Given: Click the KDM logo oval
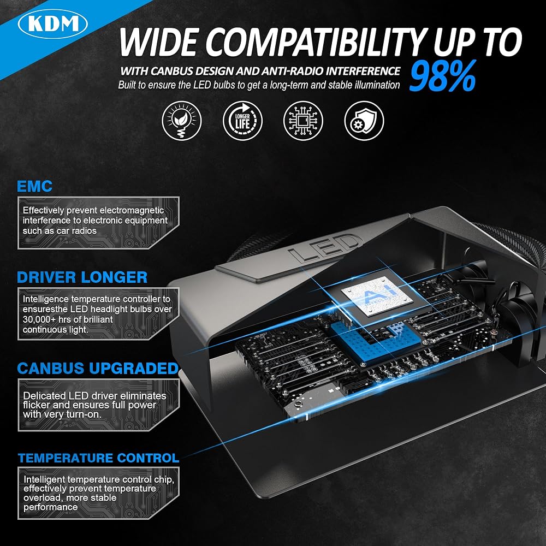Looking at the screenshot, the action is coord(52,23).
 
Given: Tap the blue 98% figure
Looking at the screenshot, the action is coord(442,76).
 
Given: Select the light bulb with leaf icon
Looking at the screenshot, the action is coord(182,121).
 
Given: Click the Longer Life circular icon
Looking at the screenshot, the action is coord(242,121).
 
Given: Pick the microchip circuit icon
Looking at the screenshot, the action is coord(303,121).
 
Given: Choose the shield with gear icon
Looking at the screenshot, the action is coord(364,121).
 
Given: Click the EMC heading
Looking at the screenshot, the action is coord(34,186).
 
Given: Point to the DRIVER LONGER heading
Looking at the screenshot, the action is coord(82,277).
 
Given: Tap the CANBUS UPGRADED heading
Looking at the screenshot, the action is coord(98,369).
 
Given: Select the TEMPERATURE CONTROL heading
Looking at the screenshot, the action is coord(98,458).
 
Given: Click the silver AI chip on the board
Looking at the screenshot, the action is coord(377,296).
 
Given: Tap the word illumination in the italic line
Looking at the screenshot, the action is coord(377,85).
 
